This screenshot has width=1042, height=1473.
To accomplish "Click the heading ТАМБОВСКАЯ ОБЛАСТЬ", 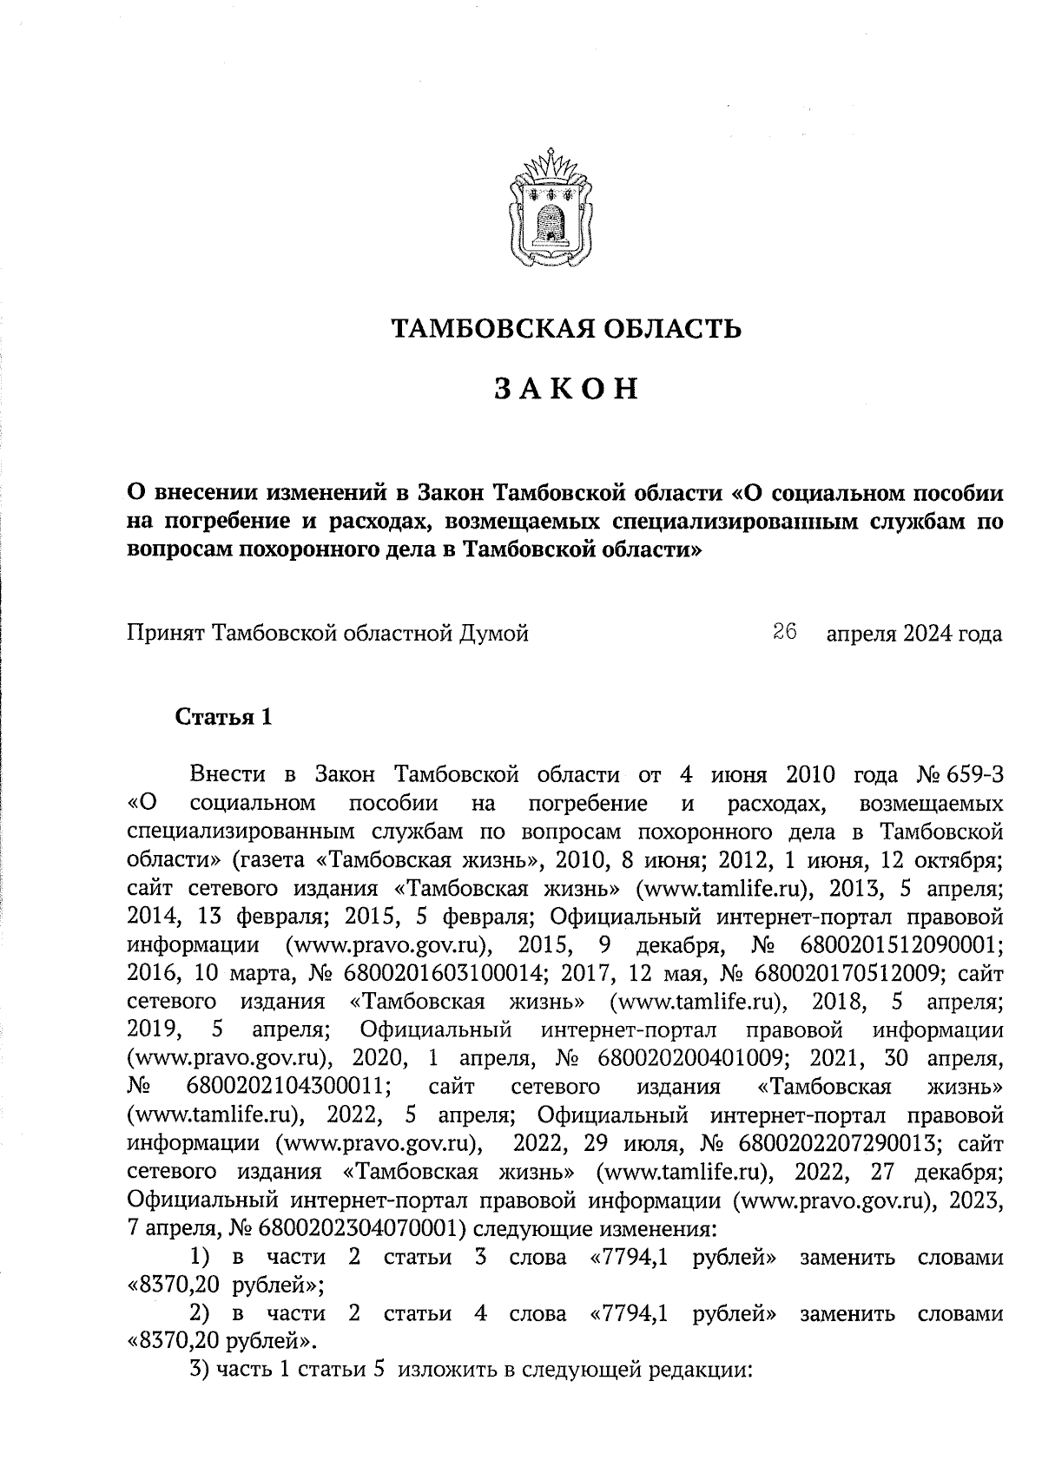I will (x=565, y=329).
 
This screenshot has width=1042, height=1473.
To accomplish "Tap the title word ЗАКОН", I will (x=566, y=389).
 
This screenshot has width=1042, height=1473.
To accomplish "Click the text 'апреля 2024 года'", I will (x=913, y=634).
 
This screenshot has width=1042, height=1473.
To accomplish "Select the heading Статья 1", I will (x=224, y=717).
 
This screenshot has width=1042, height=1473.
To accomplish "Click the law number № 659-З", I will (x=960, y=773).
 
